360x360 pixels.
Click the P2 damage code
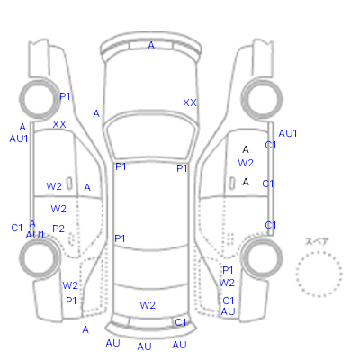point(58,229)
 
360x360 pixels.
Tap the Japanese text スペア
point(317,241)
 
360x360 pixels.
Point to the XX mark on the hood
point(190,103)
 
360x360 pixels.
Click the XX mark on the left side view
point(59,124)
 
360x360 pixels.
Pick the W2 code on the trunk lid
point(148,305)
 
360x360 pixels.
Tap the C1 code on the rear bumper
point(181,322)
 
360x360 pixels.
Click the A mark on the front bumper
point(151,45)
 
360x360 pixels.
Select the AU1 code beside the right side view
point(288,133)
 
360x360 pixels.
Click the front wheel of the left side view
point(40,99)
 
